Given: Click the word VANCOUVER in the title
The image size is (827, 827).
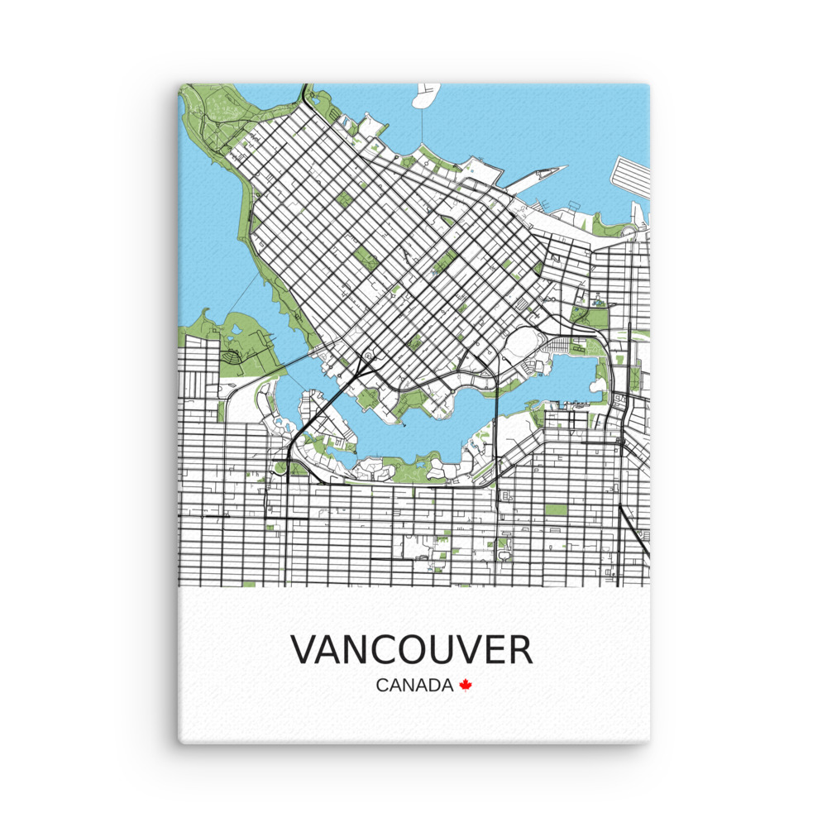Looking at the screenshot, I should tap(412, 650).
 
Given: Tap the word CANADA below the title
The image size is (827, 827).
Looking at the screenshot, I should tap(414, 686).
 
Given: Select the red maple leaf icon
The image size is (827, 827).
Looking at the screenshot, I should tap(466, 685).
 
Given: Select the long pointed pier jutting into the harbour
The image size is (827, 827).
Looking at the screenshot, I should tap(538, 175).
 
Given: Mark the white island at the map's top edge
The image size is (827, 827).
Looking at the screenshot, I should tap(429, 95).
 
